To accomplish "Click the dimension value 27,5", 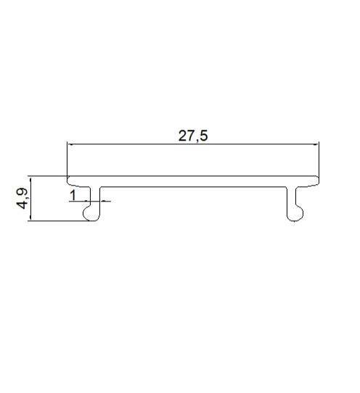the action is [x=193, y=136].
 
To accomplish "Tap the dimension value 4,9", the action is [x=22, y=198].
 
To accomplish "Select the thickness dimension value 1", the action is [x=73, y=196].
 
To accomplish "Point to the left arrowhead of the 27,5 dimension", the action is [x=70, y=144].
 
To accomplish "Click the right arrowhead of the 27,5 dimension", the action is [x=316, y=144].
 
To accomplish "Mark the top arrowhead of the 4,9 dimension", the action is [x=30, y=180].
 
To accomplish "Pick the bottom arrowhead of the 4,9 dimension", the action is [x=30, y=218].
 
